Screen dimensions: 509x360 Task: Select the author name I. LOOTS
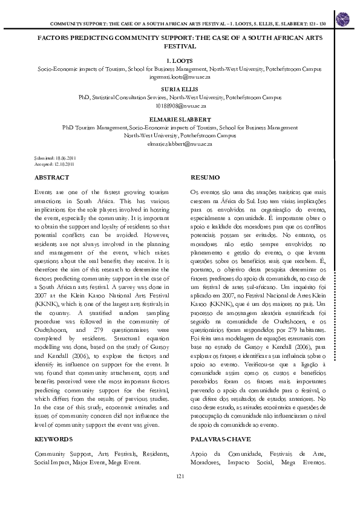pos(180,61)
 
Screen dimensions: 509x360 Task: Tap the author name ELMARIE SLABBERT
pos(180,119)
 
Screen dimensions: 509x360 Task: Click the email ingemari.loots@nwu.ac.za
pos(180,78)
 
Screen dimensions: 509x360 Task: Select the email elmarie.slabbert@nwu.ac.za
pos(180,144)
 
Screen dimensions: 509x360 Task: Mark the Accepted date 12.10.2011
pos(53,163)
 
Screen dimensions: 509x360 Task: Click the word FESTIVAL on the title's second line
pos(180,45)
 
